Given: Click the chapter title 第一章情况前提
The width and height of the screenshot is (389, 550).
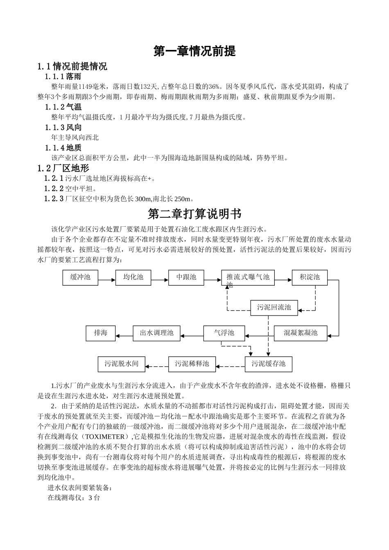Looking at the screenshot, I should (x=194, y=51).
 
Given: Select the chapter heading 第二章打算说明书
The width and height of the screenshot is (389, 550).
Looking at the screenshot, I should (x=194, y=213).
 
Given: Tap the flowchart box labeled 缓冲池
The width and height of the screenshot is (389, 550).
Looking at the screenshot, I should (x=80, y=277).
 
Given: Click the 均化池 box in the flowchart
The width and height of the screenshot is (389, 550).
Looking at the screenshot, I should (x=133, y=277).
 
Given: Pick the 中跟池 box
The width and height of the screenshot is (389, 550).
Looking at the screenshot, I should (x=186, y=277).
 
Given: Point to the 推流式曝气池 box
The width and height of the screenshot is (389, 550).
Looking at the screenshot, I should (x=248, y=278).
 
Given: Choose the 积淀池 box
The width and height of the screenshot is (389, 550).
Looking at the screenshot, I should (x=310, y=277).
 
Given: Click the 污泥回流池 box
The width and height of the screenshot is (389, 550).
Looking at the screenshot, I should (x=274, y=307).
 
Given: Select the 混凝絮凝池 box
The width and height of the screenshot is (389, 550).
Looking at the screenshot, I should (x=301, y=333).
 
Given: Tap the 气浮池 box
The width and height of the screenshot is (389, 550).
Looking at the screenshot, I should (x=224, y=333).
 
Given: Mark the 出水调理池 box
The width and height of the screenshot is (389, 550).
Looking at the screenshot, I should (x=157, y=333).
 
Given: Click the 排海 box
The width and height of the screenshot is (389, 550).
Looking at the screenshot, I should (x=101, y=333).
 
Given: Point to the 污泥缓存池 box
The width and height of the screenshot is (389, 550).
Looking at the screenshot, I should (x=269, y=364).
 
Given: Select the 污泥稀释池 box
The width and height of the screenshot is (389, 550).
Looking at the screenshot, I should (x=192, y=364).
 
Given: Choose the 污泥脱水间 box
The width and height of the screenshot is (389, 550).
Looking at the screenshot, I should (x=122, y=364).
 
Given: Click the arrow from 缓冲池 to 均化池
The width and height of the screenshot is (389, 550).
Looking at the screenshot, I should (x=107, y=280).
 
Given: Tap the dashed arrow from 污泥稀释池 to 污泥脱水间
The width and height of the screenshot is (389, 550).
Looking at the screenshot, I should (x=157, y=366).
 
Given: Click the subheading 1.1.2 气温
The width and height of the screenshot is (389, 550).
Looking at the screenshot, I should (x=63, y=107).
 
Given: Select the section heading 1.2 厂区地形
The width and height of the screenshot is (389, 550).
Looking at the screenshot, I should (x=63, y=168).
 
